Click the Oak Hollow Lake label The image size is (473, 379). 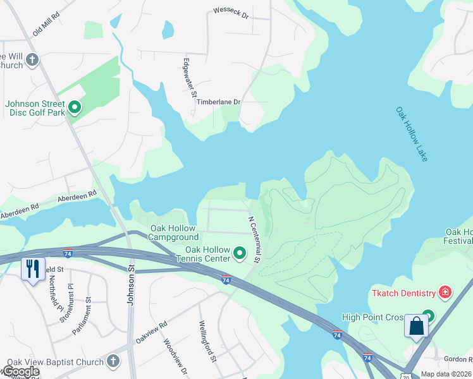[412, 133]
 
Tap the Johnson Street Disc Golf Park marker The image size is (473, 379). [75, 107]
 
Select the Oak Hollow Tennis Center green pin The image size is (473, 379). [240, 253]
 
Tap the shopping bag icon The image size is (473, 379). [416, 326]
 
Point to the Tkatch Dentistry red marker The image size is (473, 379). [445, 292]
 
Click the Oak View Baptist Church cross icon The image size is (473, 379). [113, 361]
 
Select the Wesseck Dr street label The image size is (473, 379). [231, 12]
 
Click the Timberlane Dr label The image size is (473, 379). [218, 102]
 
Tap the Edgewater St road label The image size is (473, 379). [188, 77]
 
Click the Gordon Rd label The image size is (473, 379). [458, 358]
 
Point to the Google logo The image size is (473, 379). [20, 371]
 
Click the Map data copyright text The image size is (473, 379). [445, 374]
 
